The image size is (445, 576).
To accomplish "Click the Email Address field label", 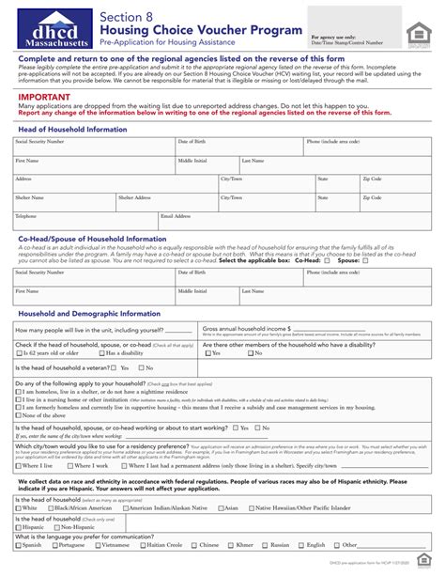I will (178, 215).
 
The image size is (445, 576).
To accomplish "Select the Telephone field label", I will (25, 215).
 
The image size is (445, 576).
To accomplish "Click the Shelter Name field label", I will (29, 197).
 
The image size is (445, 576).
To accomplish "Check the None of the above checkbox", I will (18, 414).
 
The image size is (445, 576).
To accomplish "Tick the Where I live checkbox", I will (18, 465).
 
